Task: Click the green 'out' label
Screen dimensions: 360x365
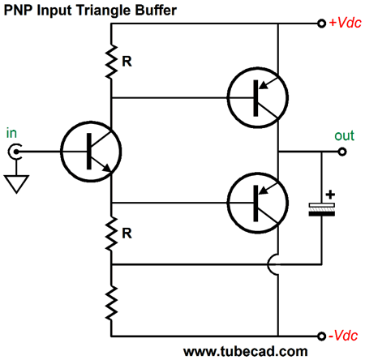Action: tap(345, 135)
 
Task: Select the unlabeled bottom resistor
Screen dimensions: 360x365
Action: tap(112, 302)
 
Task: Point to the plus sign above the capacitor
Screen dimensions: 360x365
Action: tap(329, 195)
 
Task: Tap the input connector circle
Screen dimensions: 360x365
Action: tap(13, 151)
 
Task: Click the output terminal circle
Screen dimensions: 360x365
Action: tap(343, 151)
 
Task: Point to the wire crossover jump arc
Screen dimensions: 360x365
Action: tap(278, 265)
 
